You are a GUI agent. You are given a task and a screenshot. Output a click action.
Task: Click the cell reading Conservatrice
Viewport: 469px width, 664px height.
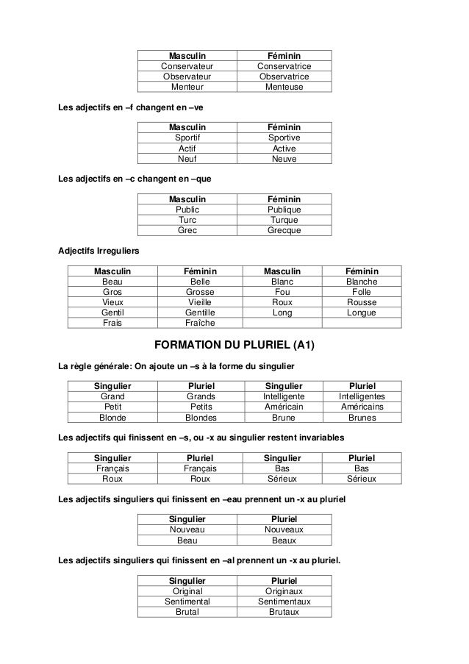(x=284, y=65)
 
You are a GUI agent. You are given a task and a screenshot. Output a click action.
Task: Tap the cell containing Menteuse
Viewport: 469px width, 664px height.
(x=284, y=87)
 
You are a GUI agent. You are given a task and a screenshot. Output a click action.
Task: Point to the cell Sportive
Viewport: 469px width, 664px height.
(x=284, y=137)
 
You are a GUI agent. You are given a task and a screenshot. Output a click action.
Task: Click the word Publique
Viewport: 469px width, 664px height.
(x=284, y=209)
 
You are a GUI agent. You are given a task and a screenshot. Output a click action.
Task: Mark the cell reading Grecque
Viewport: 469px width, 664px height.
(x=284, y=230)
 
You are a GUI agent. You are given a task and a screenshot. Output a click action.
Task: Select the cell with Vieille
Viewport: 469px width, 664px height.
(x=199, y=301)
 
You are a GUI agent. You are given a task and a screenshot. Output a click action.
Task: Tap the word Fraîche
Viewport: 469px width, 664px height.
(x=199, y=323)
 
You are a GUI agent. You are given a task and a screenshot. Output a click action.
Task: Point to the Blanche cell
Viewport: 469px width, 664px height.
(x=362, y=281)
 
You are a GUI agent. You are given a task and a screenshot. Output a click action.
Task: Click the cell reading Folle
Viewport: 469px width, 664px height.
(x=362, y=291)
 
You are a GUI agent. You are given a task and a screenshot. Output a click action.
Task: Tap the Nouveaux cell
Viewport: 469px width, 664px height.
(x=284, y=529)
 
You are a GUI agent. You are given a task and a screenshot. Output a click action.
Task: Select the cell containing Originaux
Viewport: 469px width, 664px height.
(x=284, y=590)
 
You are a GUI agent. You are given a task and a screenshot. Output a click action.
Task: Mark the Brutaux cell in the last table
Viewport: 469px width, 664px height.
(x=284, y=612)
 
